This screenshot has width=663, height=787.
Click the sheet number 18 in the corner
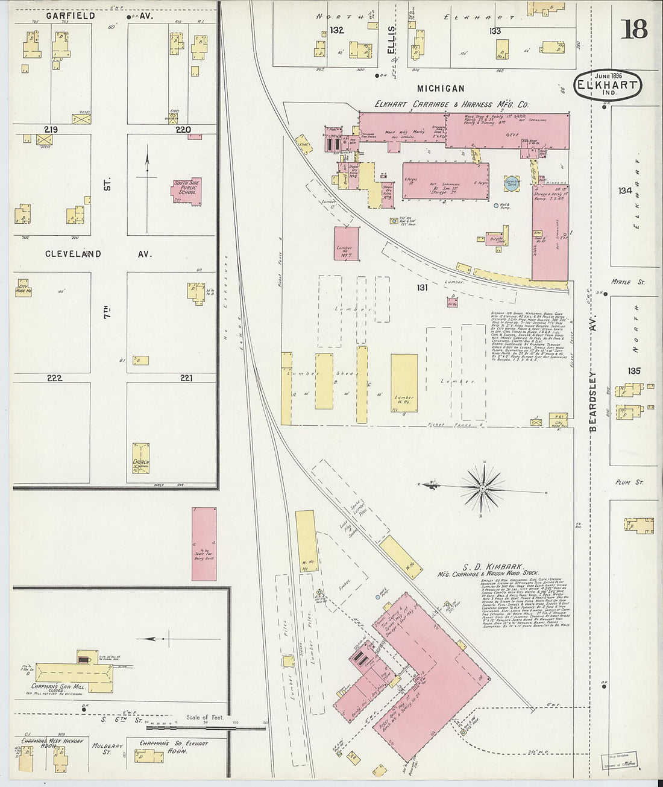pyautogui.click(x=634, y=28)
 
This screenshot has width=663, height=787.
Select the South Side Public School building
pyautogui.click(x=187, y=192)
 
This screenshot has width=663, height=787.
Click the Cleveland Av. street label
pyautogui.click(x=98, y=254)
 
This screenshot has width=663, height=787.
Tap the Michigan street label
pyautogui.click(x=441, y=89)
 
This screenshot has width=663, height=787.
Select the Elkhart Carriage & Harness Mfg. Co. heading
pyautogui.click(x=451, y=104)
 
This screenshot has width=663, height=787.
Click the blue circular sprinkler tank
pyautogui.click(x=511, y=183)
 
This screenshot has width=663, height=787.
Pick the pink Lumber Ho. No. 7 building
pyautogui.click(x=347, y=244)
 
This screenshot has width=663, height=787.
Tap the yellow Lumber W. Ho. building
pyautogui.click(x=404, y=383)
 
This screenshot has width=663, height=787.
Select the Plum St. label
pyautogui.click(x=629, y=482)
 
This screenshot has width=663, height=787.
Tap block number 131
pyautogui.click(x=421, y=288)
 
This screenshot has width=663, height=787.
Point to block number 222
pyautogui.click(x=54, y=378)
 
